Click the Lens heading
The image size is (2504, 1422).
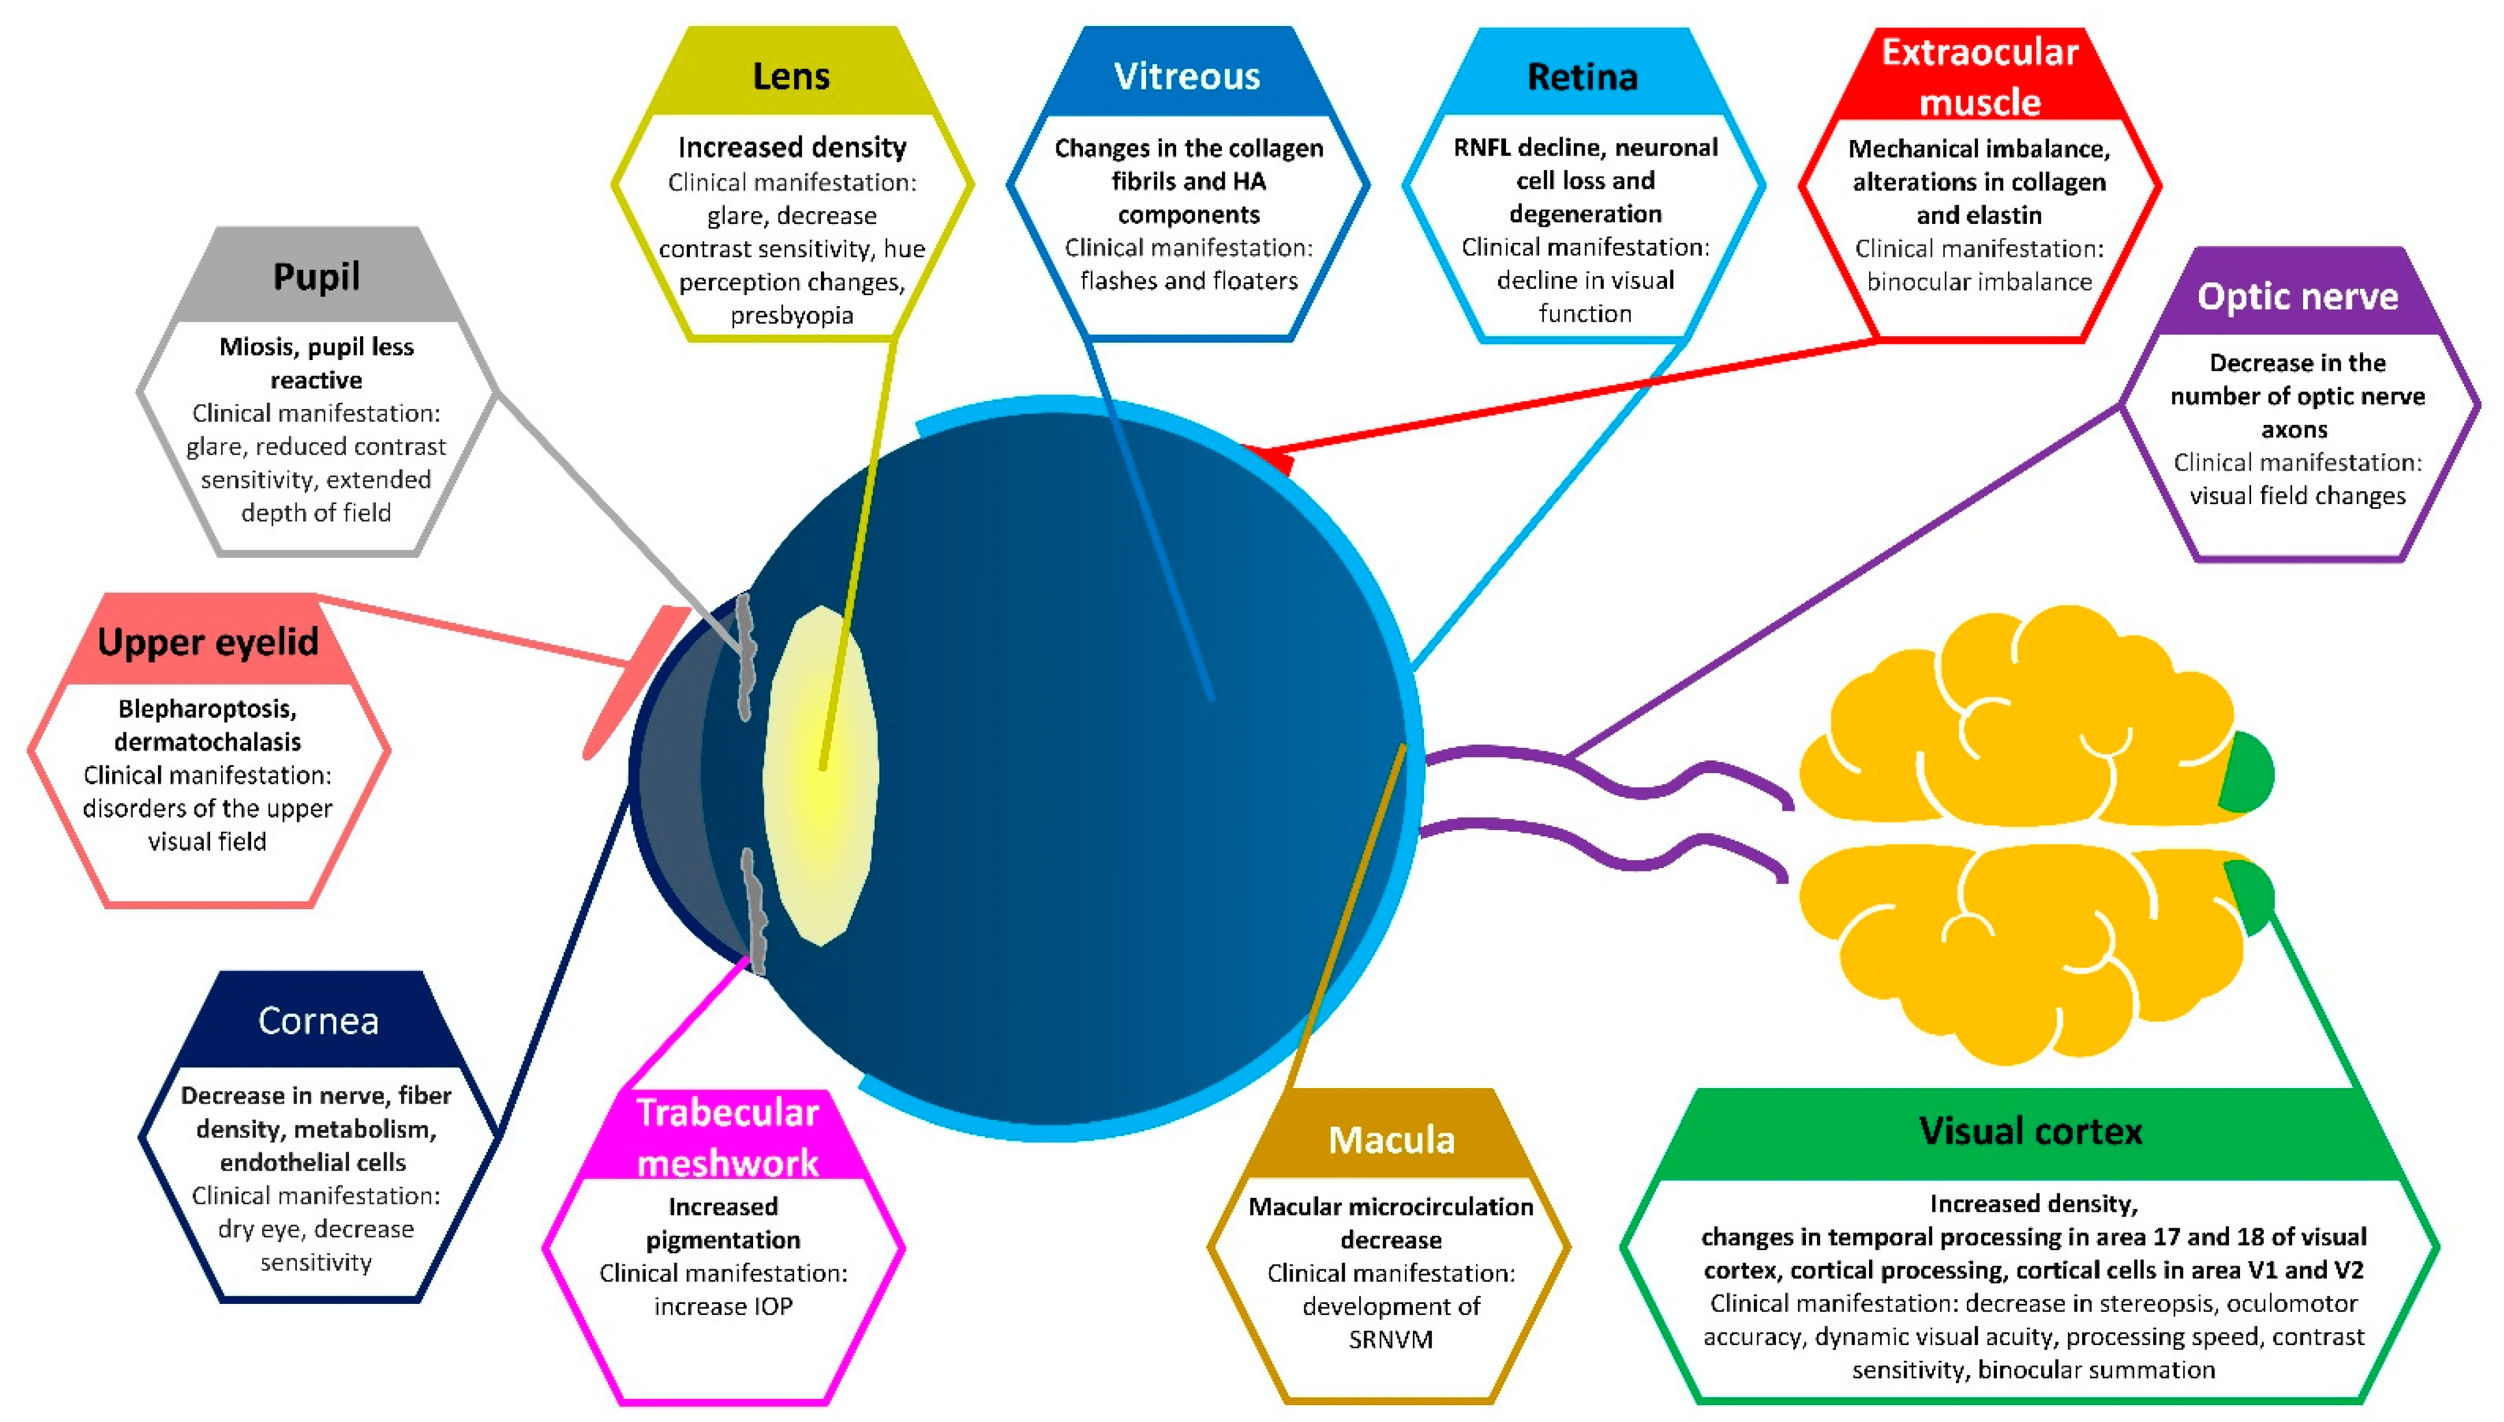click(791, 76)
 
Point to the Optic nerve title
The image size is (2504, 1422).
click(2297, 296)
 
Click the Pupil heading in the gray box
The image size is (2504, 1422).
click(317, 277)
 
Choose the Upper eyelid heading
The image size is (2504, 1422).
click(208, 642)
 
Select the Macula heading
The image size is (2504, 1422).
click(1391, 1140)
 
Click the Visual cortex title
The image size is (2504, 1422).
click(2031, 1131)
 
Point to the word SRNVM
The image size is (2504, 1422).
click(1391, 1340)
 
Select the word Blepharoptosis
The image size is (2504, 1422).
click(207, 708)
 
